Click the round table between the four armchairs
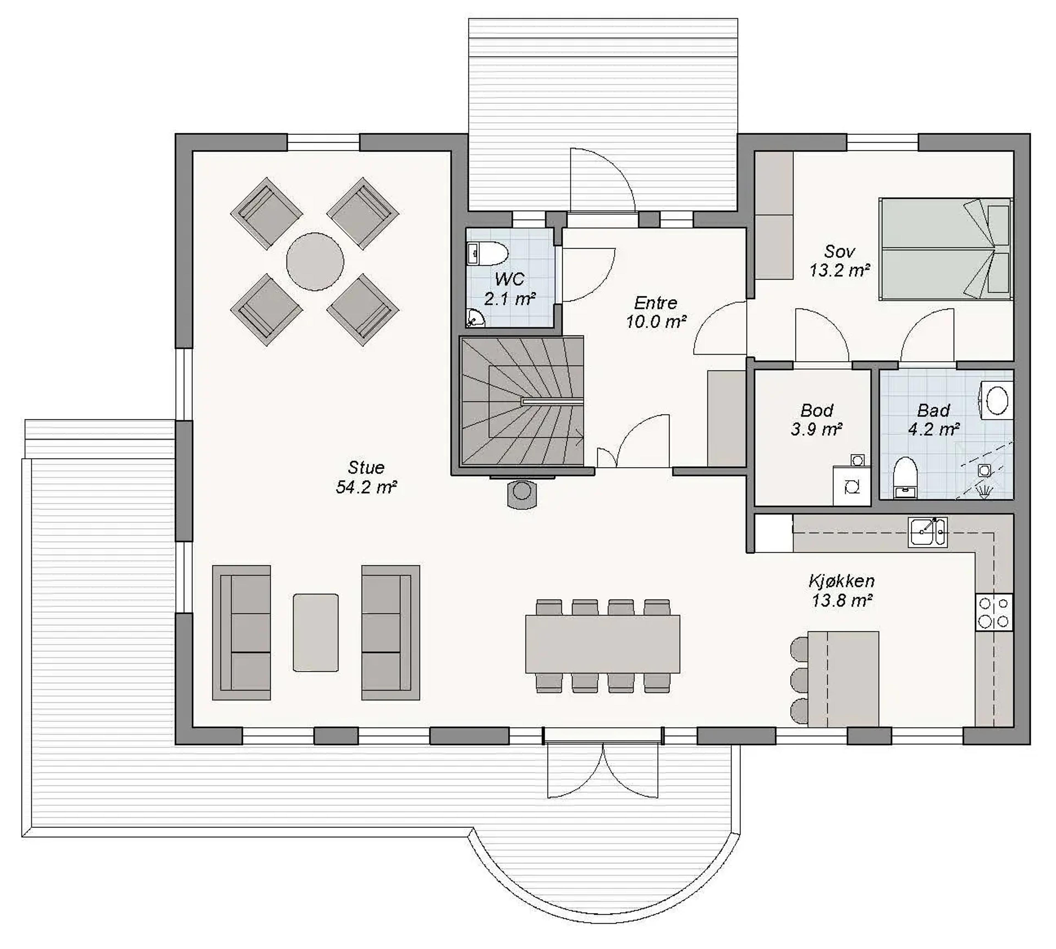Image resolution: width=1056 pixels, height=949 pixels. [315, 261]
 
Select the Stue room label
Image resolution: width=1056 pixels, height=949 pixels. [366, 467]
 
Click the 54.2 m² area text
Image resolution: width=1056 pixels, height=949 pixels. [366, 487]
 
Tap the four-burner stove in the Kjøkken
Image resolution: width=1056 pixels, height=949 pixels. [994, 612]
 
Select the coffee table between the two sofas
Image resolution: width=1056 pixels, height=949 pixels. [315, 633]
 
